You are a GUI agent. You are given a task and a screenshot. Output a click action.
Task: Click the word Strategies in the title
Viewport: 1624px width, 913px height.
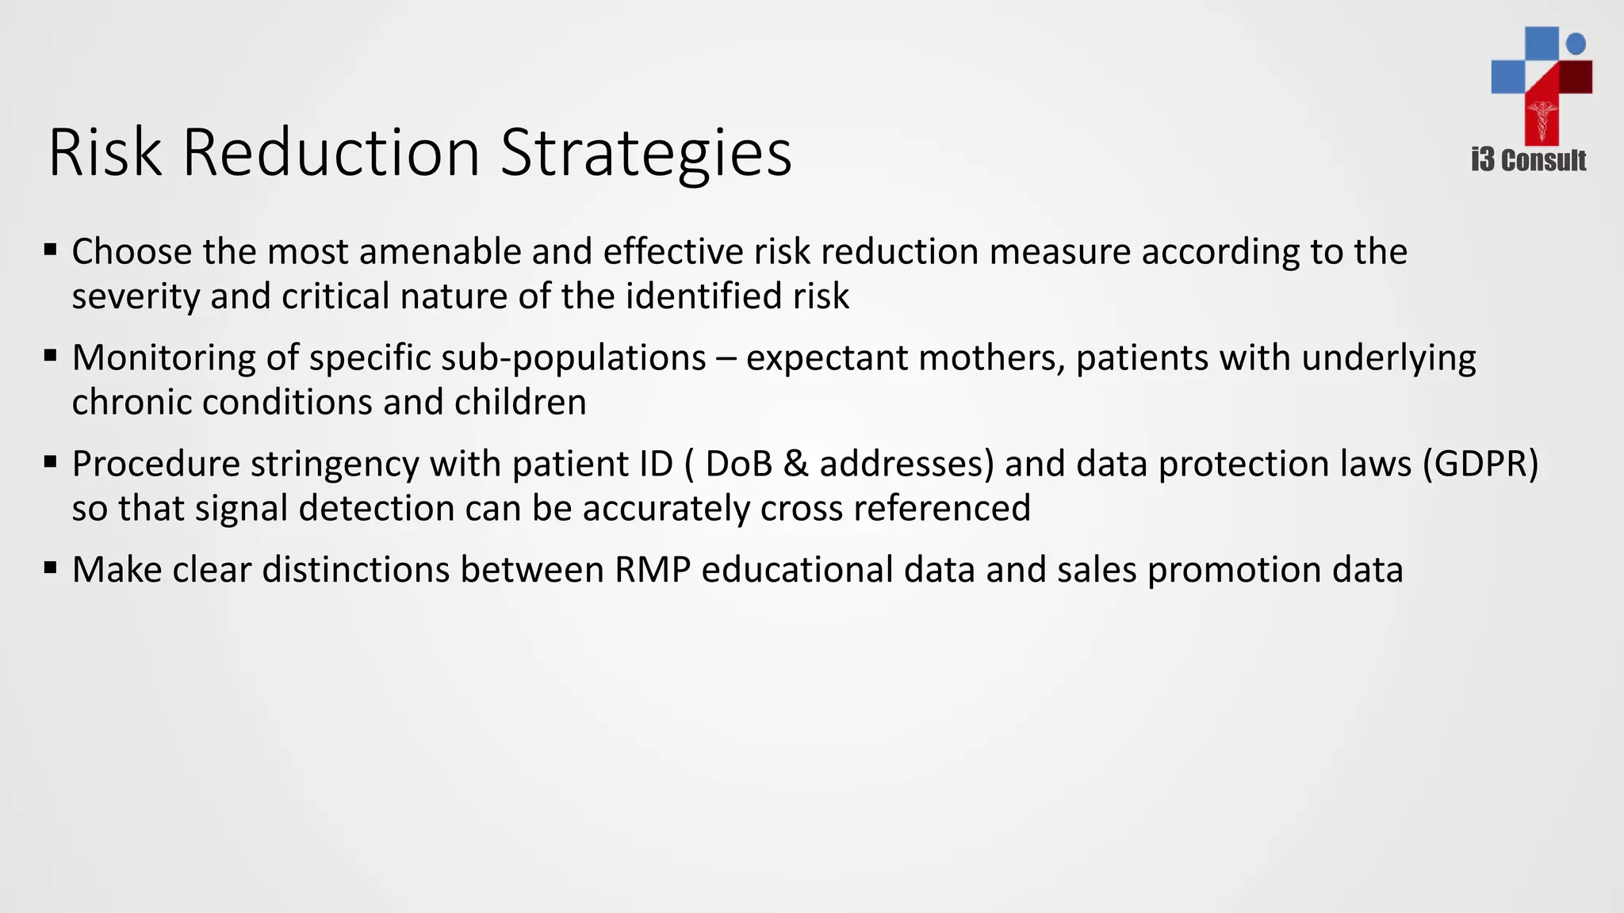645,155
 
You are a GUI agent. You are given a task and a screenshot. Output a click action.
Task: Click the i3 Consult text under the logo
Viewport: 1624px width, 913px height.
1528,161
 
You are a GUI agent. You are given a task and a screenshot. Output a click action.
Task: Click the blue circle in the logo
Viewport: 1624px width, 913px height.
1576,44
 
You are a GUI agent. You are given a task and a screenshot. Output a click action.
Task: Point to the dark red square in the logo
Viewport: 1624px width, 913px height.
1576,77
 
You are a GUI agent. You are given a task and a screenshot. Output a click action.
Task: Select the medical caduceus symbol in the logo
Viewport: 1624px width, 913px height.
1542,119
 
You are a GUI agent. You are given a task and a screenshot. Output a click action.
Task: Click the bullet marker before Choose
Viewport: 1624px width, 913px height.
51,250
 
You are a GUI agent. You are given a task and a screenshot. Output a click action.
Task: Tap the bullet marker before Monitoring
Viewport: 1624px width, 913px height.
51,357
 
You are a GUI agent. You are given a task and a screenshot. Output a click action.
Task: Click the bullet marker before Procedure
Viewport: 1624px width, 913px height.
51,462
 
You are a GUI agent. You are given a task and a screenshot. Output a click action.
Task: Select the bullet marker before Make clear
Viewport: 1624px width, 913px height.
51,568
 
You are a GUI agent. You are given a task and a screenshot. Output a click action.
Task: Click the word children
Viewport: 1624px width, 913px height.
520,403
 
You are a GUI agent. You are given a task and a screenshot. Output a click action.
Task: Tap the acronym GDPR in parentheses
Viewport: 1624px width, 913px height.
1480,464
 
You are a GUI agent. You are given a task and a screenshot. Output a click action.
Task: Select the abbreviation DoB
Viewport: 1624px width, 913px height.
738,464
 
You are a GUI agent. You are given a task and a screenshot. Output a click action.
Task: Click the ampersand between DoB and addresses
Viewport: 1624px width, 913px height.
795,464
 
